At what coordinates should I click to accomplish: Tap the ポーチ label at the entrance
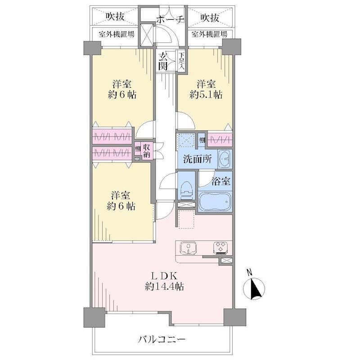[x=170, y=19]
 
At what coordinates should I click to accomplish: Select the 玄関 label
[x=163, y=61]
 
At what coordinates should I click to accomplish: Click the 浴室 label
[x=221, y=182]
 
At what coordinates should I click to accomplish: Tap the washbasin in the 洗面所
[x=225, y=158]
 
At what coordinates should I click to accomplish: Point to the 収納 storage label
[x=147, y=151]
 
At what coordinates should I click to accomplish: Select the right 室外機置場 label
[x=209, y=34]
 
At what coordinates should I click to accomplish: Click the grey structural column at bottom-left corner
[x=92, y=318]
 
